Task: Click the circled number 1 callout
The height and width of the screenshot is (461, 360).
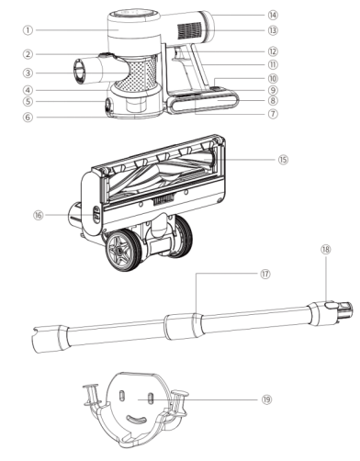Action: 28,30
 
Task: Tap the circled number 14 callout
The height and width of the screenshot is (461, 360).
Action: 273,15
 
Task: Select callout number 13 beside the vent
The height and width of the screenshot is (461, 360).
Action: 273,30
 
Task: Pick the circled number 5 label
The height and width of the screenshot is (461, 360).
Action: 28,101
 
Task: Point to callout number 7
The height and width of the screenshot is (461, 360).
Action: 273,114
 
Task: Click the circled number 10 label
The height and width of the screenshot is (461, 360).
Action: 273,78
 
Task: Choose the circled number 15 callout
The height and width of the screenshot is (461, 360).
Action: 283,160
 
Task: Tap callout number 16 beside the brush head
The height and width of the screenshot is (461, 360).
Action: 39,215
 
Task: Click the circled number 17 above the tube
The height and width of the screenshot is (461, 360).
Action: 265,274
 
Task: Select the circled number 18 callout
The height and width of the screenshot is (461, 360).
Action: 326,250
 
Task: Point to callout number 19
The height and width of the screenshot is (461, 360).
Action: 266,399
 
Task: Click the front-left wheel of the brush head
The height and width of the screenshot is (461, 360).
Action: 123,251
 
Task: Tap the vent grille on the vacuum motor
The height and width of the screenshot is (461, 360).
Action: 190,30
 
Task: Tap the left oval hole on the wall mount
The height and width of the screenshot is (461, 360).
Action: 121,395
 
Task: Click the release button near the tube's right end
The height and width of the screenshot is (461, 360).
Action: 331,305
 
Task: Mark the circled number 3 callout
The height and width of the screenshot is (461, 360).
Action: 28,73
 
